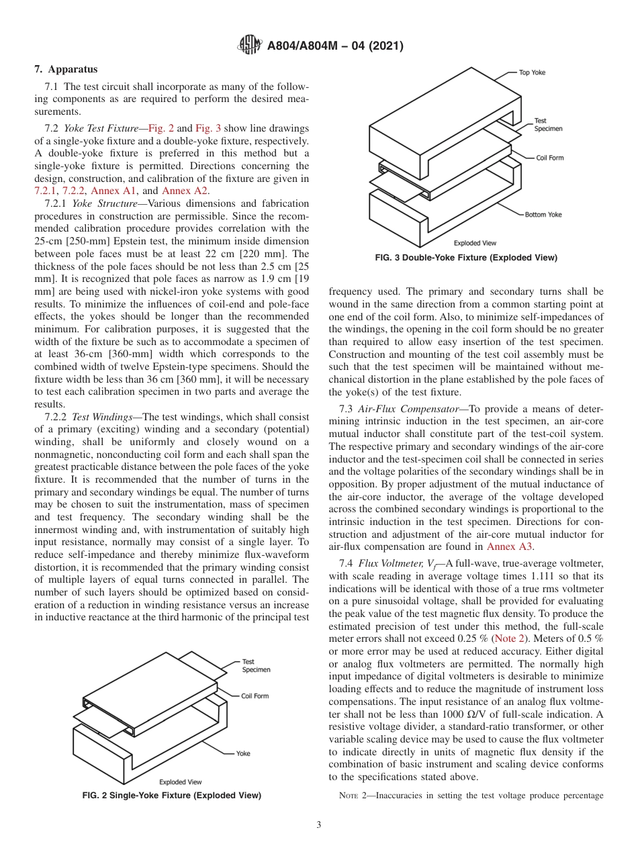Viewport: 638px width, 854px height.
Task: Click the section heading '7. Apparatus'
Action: [x=66, y=69]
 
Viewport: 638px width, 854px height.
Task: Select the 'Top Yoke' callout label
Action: [x=533, y=73]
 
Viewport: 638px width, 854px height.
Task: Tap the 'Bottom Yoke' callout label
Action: [x=543, y=214]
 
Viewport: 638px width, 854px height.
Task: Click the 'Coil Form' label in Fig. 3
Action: [x=549, y=158]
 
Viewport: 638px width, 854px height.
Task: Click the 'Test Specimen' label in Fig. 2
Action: [x=256, y=666]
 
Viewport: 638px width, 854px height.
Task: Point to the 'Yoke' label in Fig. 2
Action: [x=243, y=753]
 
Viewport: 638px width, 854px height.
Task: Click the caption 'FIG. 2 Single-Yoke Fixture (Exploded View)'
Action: [x=171, y=796]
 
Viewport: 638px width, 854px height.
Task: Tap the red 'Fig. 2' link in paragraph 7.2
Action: [x=161, y=128]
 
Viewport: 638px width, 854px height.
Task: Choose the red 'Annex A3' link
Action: [x=510, y=547]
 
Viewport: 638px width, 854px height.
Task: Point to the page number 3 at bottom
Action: [x=319, y=825]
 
